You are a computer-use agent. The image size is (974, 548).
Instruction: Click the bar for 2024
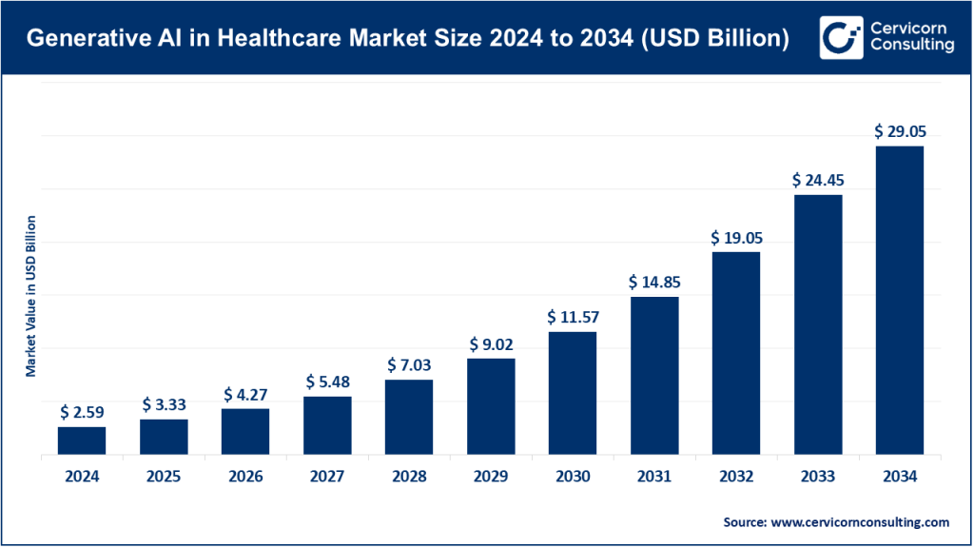[82, 441]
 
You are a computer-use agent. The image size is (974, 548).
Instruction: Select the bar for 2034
[900, 301]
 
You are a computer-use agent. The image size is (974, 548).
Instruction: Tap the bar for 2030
[573, 394]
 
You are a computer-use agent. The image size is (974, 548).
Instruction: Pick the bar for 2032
[736, 354]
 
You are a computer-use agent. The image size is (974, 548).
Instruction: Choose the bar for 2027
[327, 426]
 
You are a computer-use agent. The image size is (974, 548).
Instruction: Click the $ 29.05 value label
[900, 132]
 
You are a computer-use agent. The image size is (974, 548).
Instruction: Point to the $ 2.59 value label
[82, 412]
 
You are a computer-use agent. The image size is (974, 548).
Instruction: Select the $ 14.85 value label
[654, 283]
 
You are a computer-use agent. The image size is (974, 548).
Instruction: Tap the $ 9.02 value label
[491, 344]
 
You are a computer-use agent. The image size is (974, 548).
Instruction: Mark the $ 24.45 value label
[818, 180]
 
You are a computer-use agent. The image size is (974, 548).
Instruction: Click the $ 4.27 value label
[245, 394]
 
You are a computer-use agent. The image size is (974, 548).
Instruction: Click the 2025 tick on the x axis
[164, 478]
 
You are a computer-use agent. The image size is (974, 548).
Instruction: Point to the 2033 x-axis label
[818, 478]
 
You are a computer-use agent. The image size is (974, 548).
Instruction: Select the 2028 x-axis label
[409, 478]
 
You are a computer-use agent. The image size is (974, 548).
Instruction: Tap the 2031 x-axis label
[654, 478]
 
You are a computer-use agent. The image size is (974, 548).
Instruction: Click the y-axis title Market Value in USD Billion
[30, 297]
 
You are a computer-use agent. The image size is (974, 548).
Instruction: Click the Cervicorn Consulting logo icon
[838, 38]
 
